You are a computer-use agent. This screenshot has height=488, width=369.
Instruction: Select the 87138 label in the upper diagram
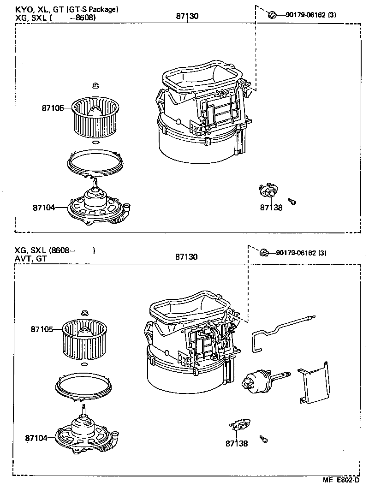271,208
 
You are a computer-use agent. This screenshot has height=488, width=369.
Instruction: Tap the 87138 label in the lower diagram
237,444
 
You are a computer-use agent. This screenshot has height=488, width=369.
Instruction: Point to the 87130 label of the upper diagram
187,16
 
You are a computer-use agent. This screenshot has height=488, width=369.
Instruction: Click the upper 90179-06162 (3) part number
310,15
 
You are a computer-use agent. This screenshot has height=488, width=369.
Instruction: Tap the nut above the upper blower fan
95,85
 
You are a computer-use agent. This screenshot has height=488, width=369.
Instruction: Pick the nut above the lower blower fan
84,313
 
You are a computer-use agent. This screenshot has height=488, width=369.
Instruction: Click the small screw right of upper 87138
292,201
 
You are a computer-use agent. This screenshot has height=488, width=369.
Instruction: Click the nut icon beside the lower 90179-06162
264,252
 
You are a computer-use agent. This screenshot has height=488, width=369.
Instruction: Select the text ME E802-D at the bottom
341,480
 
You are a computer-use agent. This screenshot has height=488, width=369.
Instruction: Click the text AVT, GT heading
30,259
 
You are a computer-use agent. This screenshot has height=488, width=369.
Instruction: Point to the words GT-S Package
98,9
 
